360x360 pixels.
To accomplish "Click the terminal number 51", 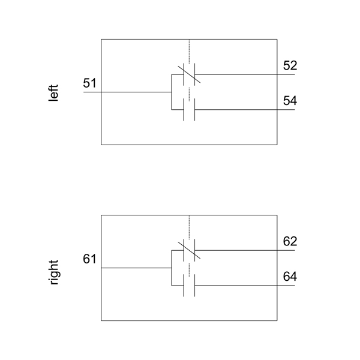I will pyautogui.click(x=89, y=83).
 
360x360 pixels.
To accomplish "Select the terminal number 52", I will pyautogui.click(x=290, y=66).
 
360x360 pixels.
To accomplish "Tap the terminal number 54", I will pyautogui.click(x=290, y=101).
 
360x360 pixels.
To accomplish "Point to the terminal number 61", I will pyautogui.click(x=89, y=259).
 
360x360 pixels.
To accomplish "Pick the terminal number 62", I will pyautogui.click(x=290, y=242).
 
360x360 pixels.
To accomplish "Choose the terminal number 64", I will pyautogui.click(x=290, y=277).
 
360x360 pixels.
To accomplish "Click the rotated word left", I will pyautogui.click(x=54, y=92).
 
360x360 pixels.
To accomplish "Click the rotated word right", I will pyautogui.click(x=54, y=271).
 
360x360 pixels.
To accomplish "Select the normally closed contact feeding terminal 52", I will pyautogui.click(x=189, y=75).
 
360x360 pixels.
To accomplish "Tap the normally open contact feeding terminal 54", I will pyautogui.click(x=189, y=110).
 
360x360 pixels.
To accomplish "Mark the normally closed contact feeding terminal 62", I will pyautogui.click(x=189, y=251).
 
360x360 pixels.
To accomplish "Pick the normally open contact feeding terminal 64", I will pyautogui.click(x=189, y=286).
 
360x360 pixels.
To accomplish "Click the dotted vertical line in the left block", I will pyautogui.click(x=189, y=50).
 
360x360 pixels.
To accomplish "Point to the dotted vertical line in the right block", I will pyautogui.click(x=189, y=226).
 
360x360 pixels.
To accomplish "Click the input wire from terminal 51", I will pyautogui.click(x=132, y=92).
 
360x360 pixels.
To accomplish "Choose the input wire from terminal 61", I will pyautogui.click(x=132, y=268).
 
